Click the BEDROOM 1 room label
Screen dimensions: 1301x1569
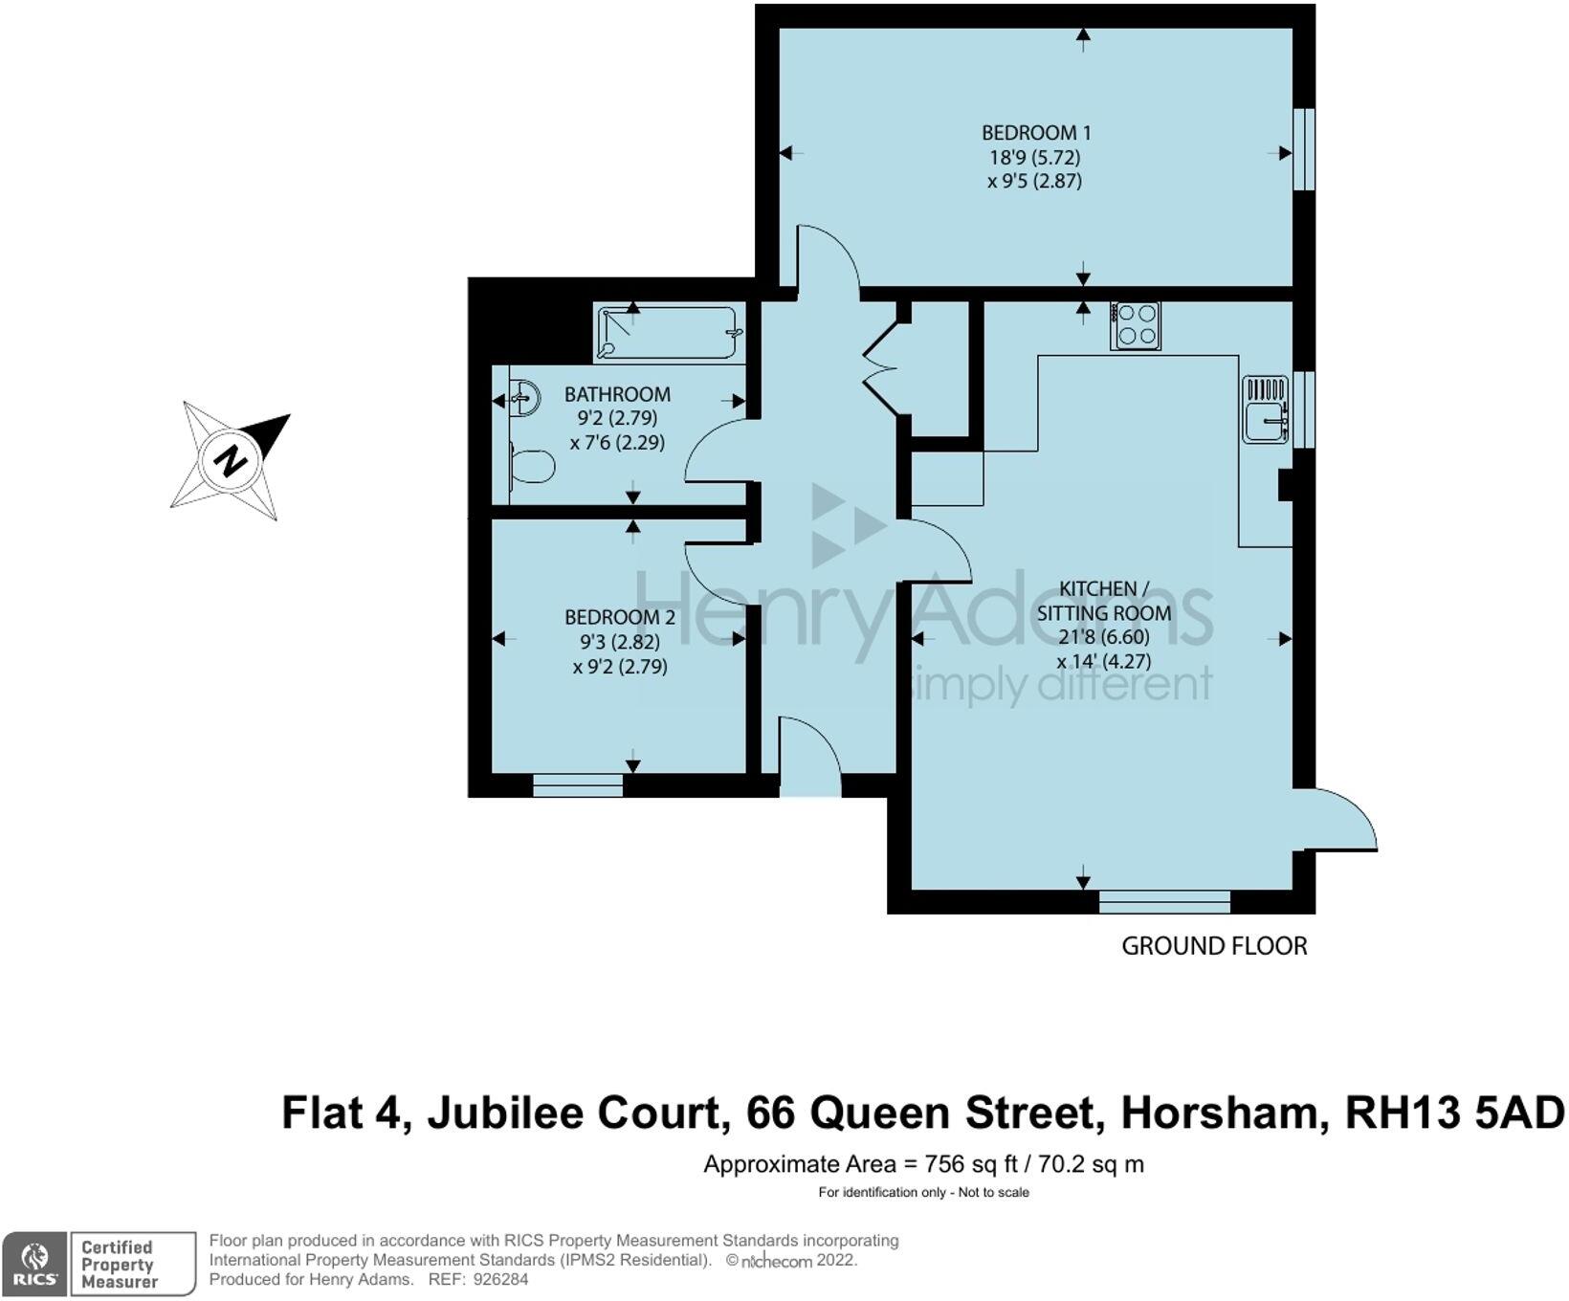pyautogui.click(x=1036, y=133)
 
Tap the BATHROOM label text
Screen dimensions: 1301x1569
pyautogui.click(x=617, y=394)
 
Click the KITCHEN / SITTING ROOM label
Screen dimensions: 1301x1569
pyautogui.click(x=1104, y=601)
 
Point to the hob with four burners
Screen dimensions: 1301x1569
pyautogui.click(x=1136, y=325)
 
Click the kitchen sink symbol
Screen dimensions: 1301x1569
pyautogui.click(x=1266, y=409)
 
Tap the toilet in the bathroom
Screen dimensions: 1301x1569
pyautogui.click(x=531, y=468)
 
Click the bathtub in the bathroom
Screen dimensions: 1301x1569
pyautogui.click(x=667, y=332)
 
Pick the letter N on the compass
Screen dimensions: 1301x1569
pyautogui.click(x=231, y=461)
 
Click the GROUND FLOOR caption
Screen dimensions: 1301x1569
pyautogui.click(x=1214, y=946)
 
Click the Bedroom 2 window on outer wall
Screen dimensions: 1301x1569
pyautogui.click(x=578, y=785)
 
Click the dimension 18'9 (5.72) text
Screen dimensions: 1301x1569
pyautogui.click(x=1035, y=157)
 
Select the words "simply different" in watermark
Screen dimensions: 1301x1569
pyautogui.click(x=1062, y=685)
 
